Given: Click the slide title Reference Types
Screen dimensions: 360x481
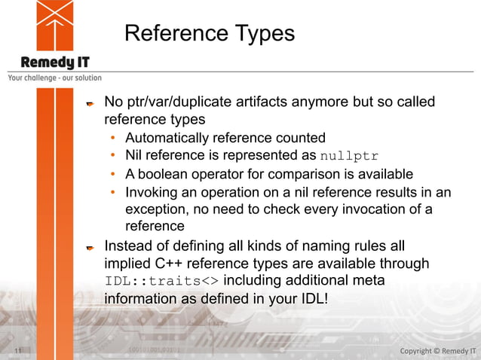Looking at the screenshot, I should (210, 34).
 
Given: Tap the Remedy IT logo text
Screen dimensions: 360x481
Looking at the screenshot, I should (55, 62).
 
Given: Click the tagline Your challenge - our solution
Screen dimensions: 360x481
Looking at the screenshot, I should (54, 78).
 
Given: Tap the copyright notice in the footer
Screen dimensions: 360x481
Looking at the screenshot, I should (437, 351).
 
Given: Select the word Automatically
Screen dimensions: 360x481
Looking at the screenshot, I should (165, 138).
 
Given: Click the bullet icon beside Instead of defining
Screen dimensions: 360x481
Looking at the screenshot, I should (89, 246).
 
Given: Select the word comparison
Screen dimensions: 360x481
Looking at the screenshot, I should (296, 174).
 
